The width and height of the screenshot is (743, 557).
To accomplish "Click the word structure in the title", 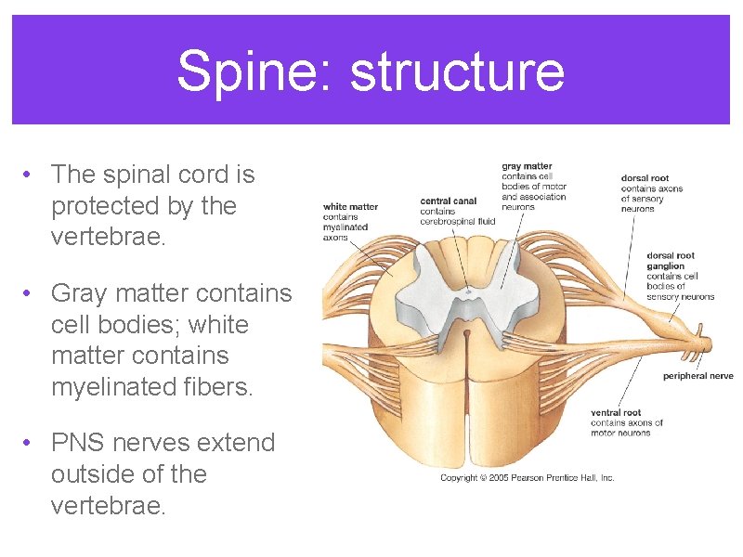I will point(457,71).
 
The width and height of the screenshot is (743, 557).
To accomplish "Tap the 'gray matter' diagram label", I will point(527,167).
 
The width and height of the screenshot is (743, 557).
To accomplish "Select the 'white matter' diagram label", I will point(350,207).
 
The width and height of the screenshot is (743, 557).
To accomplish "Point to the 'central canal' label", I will point(449,201).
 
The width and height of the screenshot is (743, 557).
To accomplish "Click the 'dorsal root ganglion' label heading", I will point(671,260).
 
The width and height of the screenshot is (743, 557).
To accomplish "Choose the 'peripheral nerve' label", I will point(697,376).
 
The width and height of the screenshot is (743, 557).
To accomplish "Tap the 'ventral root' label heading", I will point(616,413).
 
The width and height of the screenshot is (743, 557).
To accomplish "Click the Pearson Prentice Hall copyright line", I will point(527,478).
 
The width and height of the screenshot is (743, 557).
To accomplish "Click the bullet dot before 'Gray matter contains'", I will point(30,293).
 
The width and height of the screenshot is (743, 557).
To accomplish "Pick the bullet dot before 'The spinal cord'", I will point(30,175).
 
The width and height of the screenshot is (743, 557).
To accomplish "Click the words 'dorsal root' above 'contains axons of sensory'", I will point(645,178).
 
